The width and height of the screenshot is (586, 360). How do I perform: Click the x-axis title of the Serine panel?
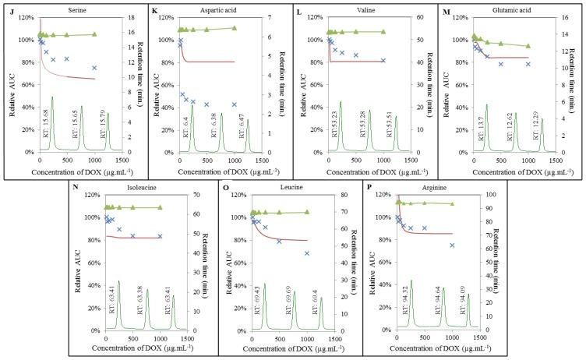point(75,170)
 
